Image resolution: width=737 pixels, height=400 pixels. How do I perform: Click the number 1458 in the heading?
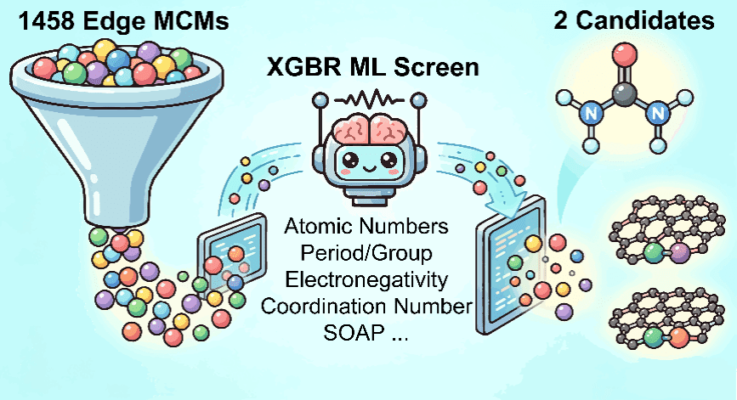tap(46, 21)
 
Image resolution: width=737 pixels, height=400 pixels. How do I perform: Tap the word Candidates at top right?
tap(645, 20)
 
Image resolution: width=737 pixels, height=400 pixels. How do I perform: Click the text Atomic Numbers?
tap(366, 226)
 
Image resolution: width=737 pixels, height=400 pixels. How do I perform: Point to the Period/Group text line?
tap(366, 254)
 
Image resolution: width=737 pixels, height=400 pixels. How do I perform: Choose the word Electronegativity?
tap(366, 280)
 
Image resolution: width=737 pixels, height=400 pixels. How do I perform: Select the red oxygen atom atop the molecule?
tap(625, 54)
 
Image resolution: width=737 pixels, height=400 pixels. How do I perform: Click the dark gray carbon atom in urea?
tap(625, 97)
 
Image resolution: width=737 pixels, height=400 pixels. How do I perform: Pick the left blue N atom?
tap(591, 113)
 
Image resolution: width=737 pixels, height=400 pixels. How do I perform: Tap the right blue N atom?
tap(658, 113)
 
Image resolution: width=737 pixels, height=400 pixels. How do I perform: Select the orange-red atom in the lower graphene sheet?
tap(678, 337)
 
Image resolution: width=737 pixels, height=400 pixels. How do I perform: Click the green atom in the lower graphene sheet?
tap(653, 337)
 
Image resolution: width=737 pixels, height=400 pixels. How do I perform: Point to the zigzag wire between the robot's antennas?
tap(369, 99)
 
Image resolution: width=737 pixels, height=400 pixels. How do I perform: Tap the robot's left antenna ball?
tap(320, 99)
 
